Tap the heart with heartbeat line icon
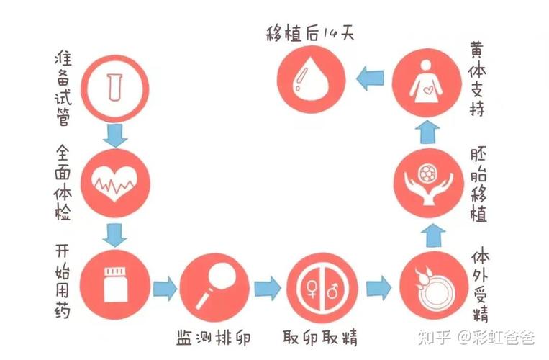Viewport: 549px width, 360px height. click(x=114, y=183)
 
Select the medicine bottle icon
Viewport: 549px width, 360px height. click(x=115, y=284)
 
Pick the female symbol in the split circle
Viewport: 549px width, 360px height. click(x=311, y=288)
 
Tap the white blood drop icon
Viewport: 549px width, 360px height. click(x=311, y=81)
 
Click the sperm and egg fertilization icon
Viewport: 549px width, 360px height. click(x=434, y=288)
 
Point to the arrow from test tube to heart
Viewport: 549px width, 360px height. click(x=115, y=135)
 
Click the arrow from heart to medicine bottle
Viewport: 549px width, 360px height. click(x=114, y=235)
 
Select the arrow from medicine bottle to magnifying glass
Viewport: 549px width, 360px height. click(x=165, y=288)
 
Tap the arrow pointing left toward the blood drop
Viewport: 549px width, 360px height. click(x=370, y=78)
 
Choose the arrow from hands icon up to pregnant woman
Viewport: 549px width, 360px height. click(x=427, y=132)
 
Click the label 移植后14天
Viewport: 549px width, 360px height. click(x=310, y=34)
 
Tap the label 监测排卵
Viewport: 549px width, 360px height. click(x=214, y=338)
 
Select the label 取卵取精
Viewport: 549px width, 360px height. click(x=320, y=337)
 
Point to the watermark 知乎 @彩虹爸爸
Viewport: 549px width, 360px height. click(x=476, y=337)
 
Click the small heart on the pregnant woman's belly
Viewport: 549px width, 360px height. click(x=428, y=91)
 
